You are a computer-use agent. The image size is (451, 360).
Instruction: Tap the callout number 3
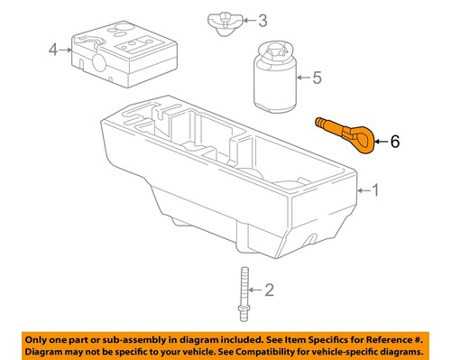click(262, 20)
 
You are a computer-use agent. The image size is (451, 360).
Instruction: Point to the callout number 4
click(52, 50)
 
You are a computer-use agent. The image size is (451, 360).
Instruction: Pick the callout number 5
click(317, 78)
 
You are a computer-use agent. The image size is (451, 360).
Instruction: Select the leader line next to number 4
click(64, 50)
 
